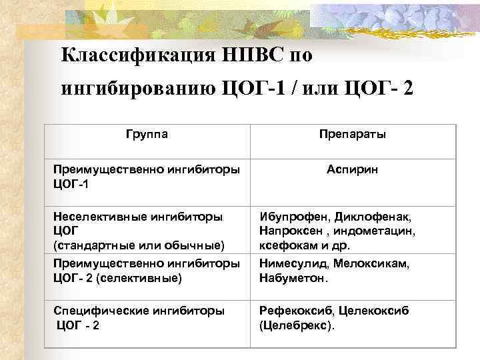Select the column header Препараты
353,134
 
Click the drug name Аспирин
353,170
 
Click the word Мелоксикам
372,264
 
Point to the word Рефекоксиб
295,311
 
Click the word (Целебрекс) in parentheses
294,325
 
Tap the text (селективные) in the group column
138,277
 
